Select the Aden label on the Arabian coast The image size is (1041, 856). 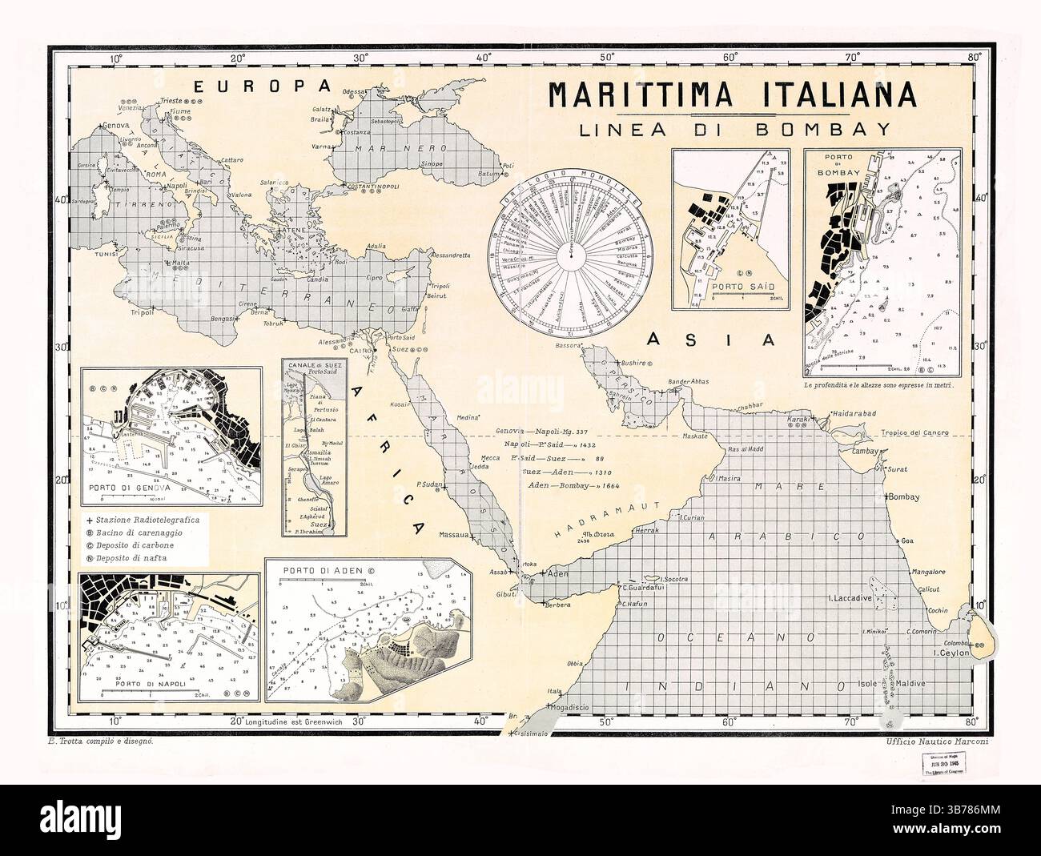[x=557, y=573]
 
